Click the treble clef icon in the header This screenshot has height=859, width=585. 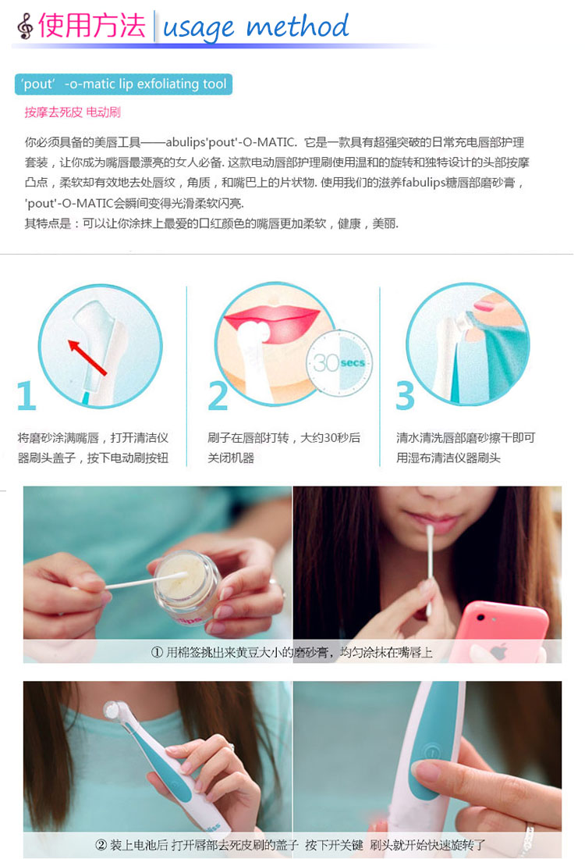pyautogui.click(x=25, y=26)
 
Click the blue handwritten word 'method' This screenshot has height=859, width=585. pyautogui.click(x=297, y=26)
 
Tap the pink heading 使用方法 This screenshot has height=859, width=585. pyautogui.click(x=92, y=25)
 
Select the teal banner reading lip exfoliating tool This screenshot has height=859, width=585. pyautogui.click(x=124, y=84)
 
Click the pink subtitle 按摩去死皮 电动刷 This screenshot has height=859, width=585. pyautogui.click(x=73, y=112)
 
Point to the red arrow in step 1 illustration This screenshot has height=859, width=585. pyautogui.click(x=87, y=357)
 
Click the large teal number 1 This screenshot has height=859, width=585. pyautogui.click(x=27, y=396)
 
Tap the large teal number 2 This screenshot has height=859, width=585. pyautogui.click(x=218, y=396)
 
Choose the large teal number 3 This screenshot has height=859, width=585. pyautogui.click(x=405, y=396)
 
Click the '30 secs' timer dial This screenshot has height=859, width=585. pyautogui.click(x=339, y=362)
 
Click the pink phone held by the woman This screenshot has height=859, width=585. pyautogui.click(x=502, y=630)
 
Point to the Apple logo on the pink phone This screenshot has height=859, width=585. pyautogui.click(x=498, y=652)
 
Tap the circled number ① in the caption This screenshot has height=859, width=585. pyautogui.click(x=157, y=652)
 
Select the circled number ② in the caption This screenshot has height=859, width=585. pyautogui.click(x=101, y=845)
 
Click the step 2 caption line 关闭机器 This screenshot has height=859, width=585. pyautogui.click(x=231, y=458)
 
